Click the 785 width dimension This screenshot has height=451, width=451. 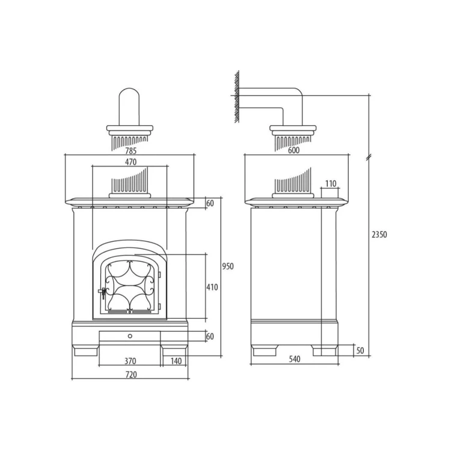(130, 150)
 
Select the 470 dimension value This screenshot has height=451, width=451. (130, 162)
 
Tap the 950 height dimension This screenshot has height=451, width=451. (228, 266)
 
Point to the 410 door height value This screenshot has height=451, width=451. (212, 287)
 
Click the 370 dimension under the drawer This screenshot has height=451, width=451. (130, 361)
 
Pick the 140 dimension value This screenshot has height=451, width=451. (176, 361)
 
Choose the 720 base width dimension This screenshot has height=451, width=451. (131, 375)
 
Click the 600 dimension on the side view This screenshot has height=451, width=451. (293, 150)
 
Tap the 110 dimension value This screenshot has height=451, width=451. (331, 183)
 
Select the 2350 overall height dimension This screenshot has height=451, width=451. (379, 235)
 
